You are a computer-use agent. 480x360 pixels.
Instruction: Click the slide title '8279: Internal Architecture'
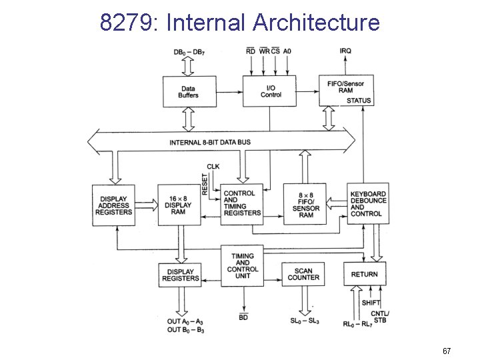(240, 22)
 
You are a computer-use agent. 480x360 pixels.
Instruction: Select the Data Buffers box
(189, 91)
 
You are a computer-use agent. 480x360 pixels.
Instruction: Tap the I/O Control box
(269, 91)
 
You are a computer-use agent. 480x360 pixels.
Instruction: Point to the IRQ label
(346, 51)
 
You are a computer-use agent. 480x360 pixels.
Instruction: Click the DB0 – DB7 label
(189, 51)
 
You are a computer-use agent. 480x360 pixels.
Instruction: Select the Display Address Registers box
(113, 205)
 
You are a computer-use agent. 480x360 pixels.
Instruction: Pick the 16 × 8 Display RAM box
(179, 205)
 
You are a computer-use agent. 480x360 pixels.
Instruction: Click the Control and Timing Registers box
(243, 203)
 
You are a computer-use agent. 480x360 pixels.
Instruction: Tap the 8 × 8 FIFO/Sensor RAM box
(305, 205)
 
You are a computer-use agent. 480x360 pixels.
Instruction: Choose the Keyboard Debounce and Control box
(367, 204)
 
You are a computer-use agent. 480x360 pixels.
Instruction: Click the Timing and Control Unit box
(243, 265)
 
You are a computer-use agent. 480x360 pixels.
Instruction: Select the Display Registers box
(179, 274)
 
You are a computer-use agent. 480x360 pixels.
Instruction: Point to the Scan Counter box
(304, 274)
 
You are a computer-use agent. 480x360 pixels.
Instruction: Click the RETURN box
(364, 274)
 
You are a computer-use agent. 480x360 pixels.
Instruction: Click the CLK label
(213, 166)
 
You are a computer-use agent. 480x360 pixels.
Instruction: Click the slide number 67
(447, 351)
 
